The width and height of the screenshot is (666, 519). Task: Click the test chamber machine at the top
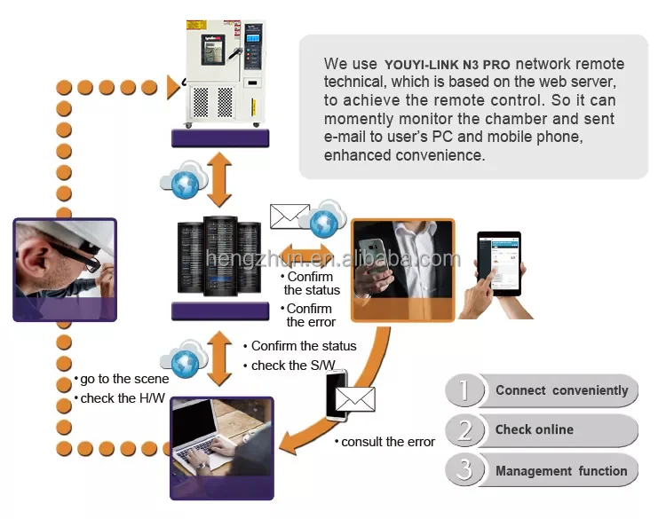point(226,73)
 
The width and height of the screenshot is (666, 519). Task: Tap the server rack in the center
point(219,256)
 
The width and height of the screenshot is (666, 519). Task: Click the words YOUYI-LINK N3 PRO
point(447,65)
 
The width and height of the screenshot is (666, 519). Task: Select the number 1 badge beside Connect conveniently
point(464,390)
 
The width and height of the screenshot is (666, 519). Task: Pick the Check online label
point(535,429)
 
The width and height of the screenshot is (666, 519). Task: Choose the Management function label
point(561,471)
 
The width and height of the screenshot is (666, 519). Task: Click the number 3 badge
point(464,470)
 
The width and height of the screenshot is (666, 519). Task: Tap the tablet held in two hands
point(499,263)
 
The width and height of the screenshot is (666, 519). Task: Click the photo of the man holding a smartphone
point(402,270)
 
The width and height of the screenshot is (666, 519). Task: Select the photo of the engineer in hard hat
point(65,270)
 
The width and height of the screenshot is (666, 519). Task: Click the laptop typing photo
point(222,448)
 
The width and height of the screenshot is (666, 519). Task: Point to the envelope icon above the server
point(289,216)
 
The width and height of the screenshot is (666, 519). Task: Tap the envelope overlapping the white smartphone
point(355,399)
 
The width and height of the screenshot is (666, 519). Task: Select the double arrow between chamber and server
point(219,179)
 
